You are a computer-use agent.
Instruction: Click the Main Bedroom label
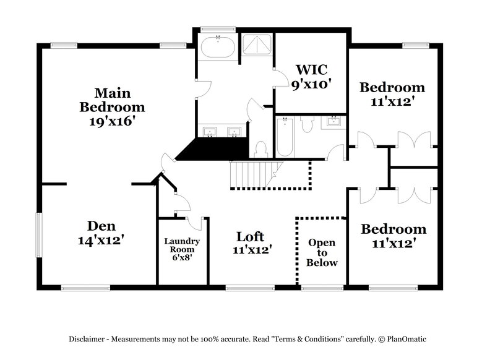(112, 100)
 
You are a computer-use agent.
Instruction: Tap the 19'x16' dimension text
(112, 121)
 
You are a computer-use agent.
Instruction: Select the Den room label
(100, 226)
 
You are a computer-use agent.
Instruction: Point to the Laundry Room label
(182, 246)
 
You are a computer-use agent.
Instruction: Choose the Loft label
(250, 236)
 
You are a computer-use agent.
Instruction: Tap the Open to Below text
(322, 252)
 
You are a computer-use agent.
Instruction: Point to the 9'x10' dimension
(311, 84)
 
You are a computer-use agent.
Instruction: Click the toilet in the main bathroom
(260, 148)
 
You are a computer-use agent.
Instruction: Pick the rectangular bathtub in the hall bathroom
(285, 137)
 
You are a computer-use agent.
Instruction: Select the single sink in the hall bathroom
(334, 121)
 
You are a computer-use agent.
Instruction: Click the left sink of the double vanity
(210, 131)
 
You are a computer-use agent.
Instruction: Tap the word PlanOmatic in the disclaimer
(406, 339)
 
